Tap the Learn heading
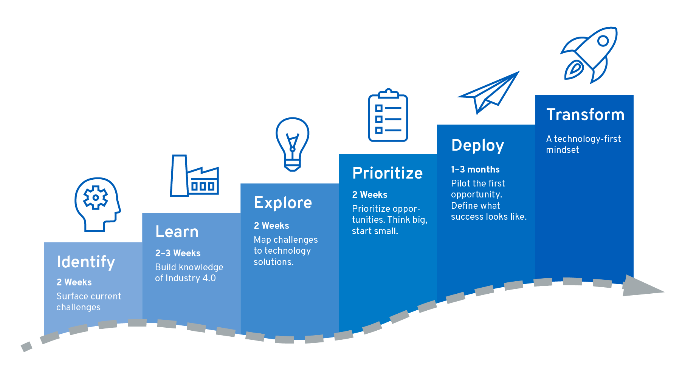pyautogui.click(x=177, y=231)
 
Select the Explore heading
pyautogui.click(x=283, y=203)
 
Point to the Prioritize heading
pyautogui.click(x=387, y=173)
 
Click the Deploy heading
pyautogui.click(x=478, y=146)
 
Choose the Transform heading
pyautogui.click(x=585, y=114)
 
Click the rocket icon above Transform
pyautogui.click(x=589, y=55)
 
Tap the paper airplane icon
pyautogui.click(x=488, y=93)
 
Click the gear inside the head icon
pyautogui.click(x=96, y=197)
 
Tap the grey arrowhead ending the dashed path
pyautogui.click(x=643, y=286)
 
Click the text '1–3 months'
pyautogui.click(x=475, y=170)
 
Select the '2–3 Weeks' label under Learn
pyautogui.click(x=178, y=253)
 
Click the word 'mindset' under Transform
pyautogui.click(x=563, y=150)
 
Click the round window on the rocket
pyautogui.click(x=603, y=41)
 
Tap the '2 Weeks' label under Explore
pyautogui.click(x=271, y=226)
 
